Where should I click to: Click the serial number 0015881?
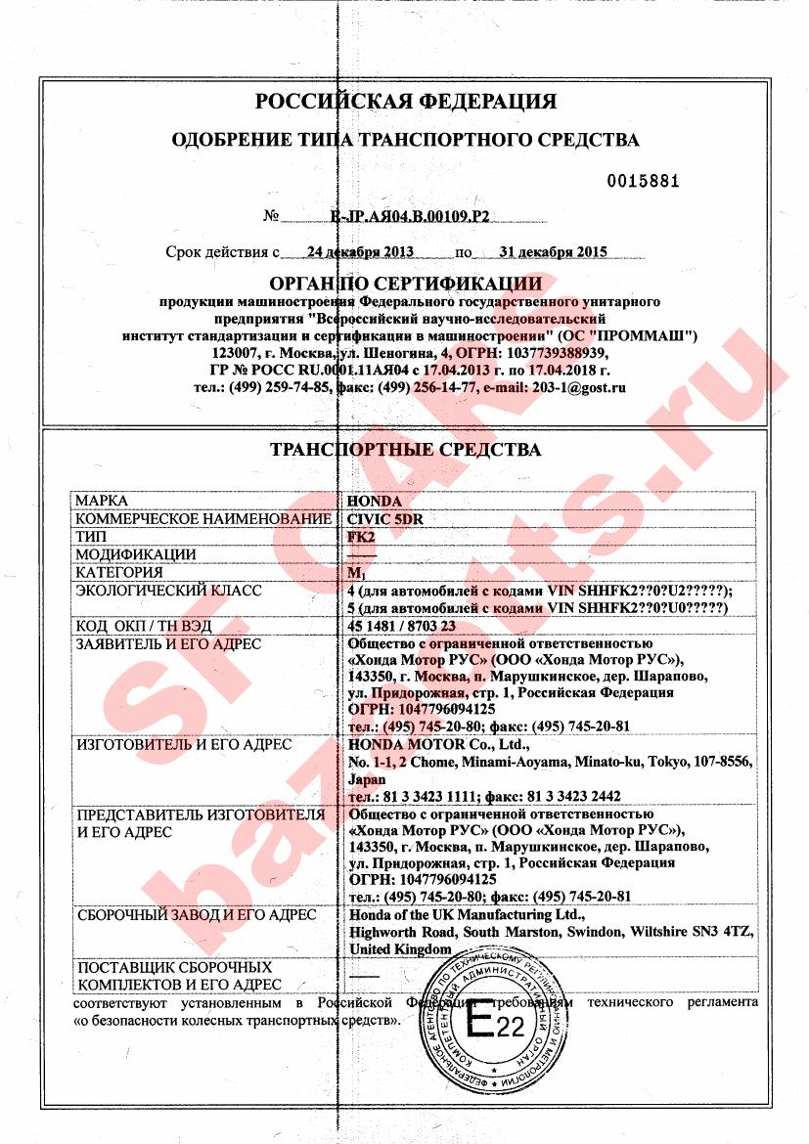point(643,181)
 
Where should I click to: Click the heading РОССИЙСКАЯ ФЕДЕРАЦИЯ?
point(405,101)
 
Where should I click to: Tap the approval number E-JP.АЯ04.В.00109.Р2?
point(411,216)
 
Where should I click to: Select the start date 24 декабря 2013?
point(360,251)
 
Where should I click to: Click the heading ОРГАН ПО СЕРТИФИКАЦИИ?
point(405,284)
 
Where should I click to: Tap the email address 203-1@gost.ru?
point(578,387)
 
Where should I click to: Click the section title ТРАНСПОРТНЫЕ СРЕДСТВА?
point(405,451)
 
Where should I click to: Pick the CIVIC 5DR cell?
point(386,519)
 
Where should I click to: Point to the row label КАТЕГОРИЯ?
point(119,573)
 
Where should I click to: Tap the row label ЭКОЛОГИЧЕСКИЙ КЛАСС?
point(168,591)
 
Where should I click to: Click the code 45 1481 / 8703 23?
point(402,626)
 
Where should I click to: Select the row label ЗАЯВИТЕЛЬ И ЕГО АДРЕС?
point(168,644)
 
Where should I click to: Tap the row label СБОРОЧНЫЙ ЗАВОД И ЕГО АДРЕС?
point(196,915)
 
